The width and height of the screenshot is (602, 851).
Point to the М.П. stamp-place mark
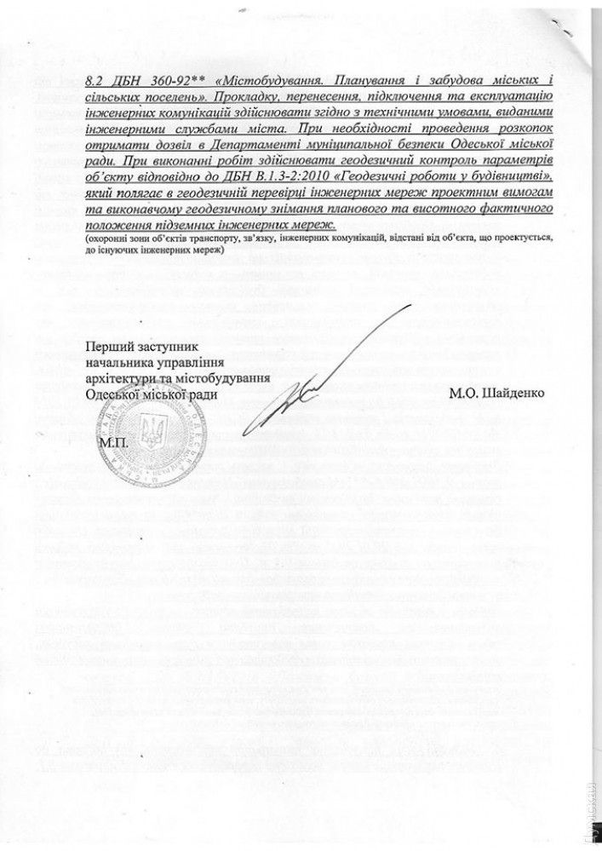click(112, 444)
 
